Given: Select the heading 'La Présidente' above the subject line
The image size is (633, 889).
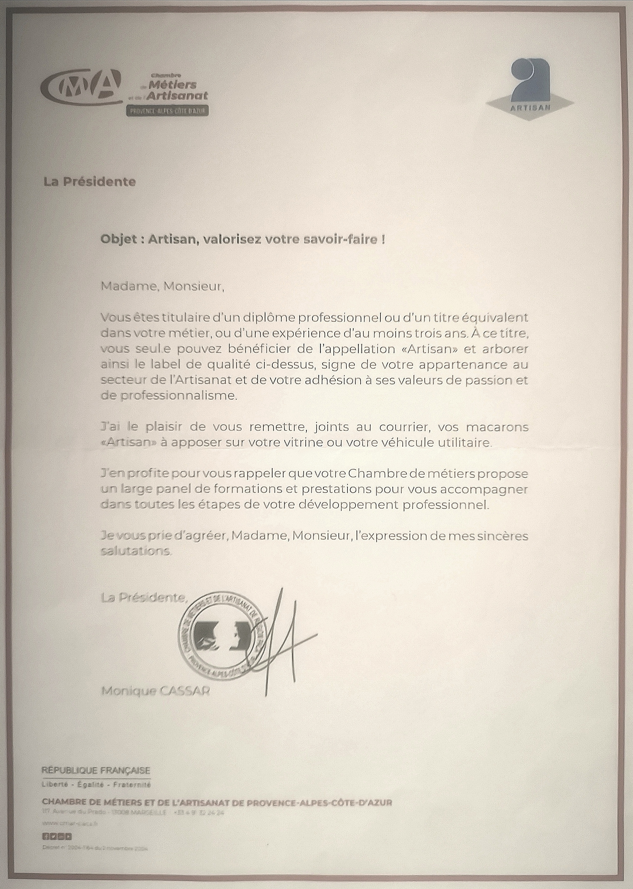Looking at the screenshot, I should click(x=90, y=182).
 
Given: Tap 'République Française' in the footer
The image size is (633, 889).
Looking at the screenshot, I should click(x=96, y=770).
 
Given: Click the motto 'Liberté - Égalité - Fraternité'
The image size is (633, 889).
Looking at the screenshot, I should click(x=96, y=785).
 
